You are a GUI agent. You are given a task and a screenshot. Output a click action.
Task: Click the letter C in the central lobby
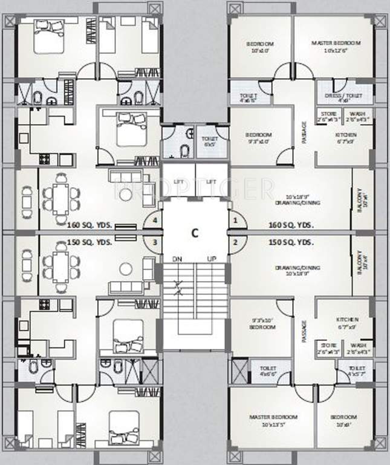[195, 232]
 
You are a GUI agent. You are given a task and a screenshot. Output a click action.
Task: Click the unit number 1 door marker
[235, 221]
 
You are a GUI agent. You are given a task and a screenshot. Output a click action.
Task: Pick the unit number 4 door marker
[155, 221]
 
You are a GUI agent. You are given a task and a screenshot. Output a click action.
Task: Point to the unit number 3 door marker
[155, 243]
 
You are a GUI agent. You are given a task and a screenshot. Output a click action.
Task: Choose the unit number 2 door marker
[235, 243]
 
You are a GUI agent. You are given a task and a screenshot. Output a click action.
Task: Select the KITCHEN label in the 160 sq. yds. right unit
[346, 138]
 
